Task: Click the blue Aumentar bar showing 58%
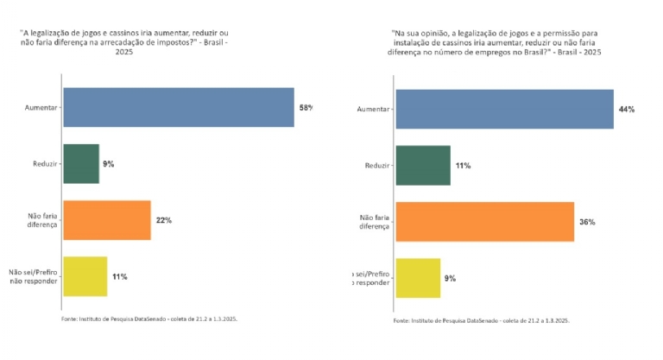point(178,108)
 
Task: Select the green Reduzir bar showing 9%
point(81,163)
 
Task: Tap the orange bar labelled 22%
point(107,220)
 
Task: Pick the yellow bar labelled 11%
point(85,276)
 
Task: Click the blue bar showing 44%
point(504,110)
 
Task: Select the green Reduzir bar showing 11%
point(423,165)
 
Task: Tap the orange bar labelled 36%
point(484,222)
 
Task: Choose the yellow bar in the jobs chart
point(418,278)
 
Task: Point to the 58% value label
point(306,108)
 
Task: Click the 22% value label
point(163,220)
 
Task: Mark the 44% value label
point(626,110)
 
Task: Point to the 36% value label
point(587,222)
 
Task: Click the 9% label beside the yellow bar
point(450,278)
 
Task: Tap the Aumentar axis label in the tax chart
point(41,108)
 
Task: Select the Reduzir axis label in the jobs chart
point(377,165)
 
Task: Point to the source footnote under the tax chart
point(149,319)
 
